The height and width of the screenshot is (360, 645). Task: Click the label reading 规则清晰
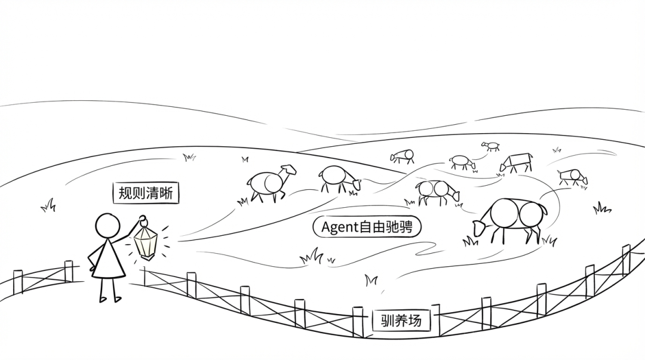146,193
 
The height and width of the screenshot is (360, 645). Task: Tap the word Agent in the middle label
340,227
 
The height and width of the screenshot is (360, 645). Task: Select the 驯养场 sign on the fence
401,321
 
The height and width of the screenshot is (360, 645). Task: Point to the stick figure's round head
108,226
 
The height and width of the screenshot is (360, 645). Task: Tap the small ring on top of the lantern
142,219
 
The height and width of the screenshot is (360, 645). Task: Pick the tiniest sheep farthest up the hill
492,146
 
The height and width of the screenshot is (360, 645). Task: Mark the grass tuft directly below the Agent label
312,257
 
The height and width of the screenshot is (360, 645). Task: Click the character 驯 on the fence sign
388,321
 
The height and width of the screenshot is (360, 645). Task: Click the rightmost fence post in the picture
625,258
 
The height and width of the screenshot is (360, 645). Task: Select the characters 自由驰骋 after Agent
386,227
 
